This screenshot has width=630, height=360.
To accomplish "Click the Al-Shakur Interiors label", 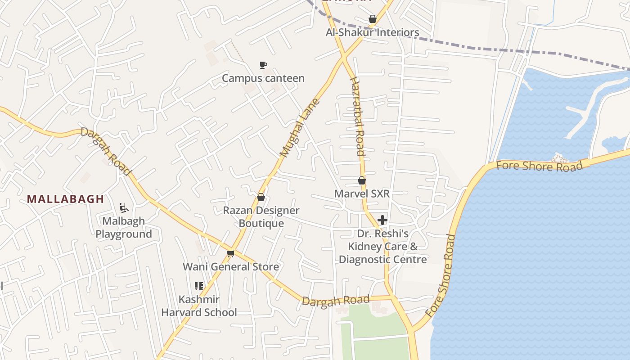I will tap(372, 32).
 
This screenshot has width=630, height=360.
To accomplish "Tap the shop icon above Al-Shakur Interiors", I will tap(372, 19).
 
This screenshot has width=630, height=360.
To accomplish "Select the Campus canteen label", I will tap(263, 78).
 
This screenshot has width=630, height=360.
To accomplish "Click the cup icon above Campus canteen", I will tap(263, 65).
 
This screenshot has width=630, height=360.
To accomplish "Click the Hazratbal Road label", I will tap(357, 116).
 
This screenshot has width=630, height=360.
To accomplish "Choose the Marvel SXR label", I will tap(361, 193).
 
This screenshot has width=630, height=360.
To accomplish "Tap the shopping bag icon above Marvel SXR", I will tap(361, 180).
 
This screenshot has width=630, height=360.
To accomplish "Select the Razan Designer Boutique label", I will tap(261, 217).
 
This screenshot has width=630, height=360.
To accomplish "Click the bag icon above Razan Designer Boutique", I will tap(261, 197).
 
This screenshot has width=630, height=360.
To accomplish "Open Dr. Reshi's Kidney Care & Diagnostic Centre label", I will tap(382, 247).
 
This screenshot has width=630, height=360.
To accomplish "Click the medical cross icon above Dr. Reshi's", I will tap(382, 220).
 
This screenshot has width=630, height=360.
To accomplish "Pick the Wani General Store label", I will tap(230, 267).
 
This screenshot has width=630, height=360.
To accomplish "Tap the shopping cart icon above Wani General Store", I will tap(231, 254).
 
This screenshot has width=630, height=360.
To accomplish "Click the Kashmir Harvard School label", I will tap(199, 306).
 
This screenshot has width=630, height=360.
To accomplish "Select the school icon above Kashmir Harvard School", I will tap(199, 286).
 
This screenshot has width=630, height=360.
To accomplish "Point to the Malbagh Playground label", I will tap(124, 228).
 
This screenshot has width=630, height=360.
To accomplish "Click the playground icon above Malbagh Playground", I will tap(124, 208).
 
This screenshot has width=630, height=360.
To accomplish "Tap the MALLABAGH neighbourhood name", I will tap(65, 199).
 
